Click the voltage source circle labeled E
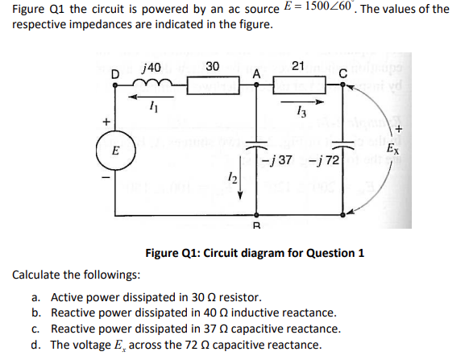tap(116, 150)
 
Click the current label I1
tap(151, 109)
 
